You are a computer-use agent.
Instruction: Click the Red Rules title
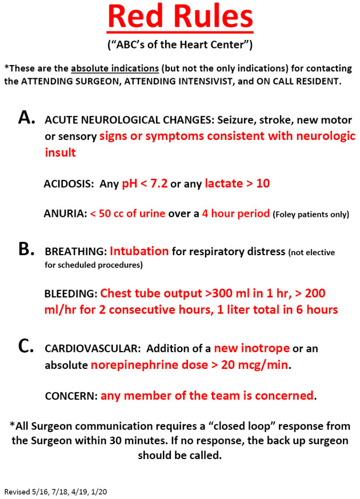[x=180, y=17]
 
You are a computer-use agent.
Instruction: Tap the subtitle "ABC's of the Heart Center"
[x=180, y=44]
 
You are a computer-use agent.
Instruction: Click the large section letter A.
[x=27, y=118]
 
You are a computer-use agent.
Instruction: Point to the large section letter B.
[x=27, y=249]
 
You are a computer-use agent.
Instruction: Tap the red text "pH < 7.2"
[x=145, y=184]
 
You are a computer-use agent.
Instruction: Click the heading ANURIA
[x=64, y=214]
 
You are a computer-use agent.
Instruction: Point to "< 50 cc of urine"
[x=127, y=214]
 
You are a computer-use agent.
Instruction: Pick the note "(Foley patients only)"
[x=311, y=215]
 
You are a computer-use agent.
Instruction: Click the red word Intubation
[x=139, y=251]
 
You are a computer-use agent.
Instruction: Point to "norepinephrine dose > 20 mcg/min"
[x=190, y=365]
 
